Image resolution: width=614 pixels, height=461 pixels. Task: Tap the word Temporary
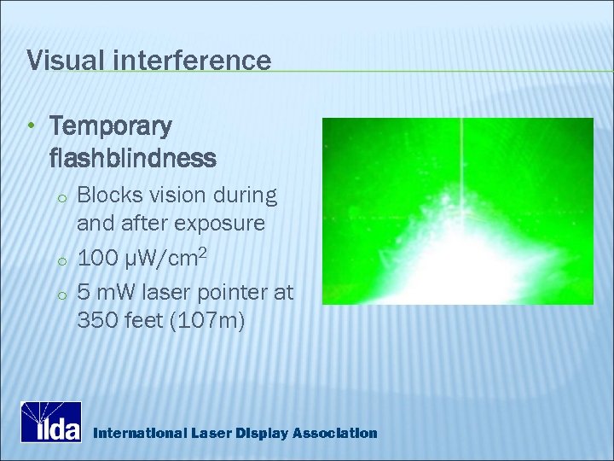point(111,128)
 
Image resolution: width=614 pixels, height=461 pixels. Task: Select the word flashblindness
point(133,159)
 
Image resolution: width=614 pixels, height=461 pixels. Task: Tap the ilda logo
point(51,422)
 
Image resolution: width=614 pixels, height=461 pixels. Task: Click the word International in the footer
point(139,434)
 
